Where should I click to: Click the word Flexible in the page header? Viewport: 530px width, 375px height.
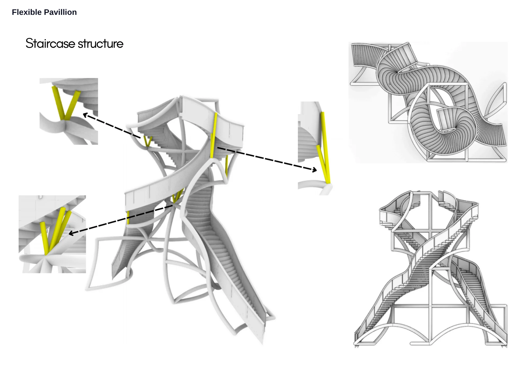(27, 12)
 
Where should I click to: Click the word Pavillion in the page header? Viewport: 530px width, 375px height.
(60, 12)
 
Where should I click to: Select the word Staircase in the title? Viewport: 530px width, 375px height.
(50, 43)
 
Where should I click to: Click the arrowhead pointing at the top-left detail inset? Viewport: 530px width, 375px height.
(85, 115)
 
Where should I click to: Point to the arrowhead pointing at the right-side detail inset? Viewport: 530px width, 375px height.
(314, 169)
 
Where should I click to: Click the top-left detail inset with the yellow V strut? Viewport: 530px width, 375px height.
(69, 111)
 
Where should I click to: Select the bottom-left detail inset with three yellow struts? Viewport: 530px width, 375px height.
(52, 234)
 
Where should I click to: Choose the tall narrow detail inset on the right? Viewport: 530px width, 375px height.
(315, 149)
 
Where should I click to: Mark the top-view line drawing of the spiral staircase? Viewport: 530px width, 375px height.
(428, 102)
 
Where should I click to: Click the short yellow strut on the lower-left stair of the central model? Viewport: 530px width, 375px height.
(128, 217)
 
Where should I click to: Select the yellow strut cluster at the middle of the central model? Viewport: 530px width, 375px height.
(178, 196)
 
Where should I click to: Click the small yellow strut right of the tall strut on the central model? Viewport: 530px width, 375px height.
(227, 166)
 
